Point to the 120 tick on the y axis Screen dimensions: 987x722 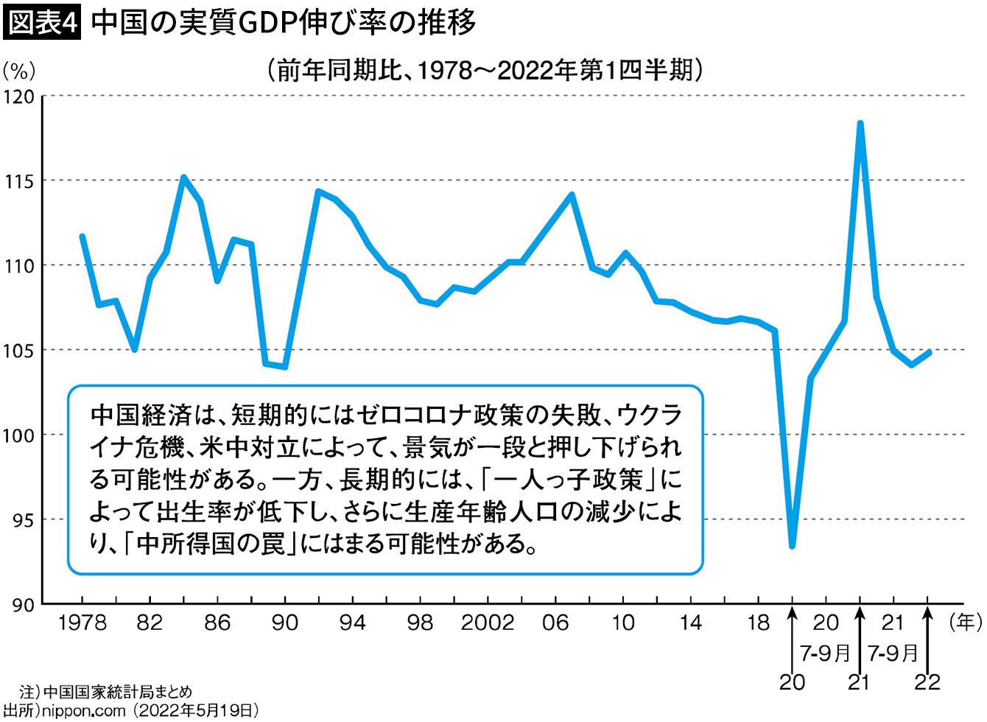click(19, 97)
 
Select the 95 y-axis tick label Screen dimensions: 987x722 click(24, 521)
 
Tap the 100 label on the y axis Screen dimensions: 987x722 click(18, 435)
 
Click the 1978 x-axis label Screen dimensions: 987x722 click(82, 623)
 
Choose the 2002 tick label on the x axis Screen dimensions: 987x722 click(488, 623)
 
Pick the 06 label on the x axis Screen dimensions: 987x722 click(555, 623)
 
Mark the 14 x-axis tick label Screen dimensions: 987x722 click(690, 623)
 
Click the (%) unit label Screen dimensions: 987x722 click(19, 71)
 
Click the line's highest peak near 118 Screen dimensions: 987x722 click(860, 123)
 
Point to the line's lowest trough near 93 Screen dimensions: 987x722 click(793, 546)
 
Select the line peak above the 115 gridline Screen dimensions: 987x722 click(183, 177)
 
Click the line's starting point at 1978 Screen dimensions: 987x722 click(82, 236)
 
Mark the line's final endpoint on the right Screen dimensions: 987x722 click(930, 351)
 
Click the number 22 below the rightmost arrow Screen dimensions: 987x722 click(927, 682)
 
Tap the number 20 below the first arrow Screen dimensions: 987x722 click(793, 682)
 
